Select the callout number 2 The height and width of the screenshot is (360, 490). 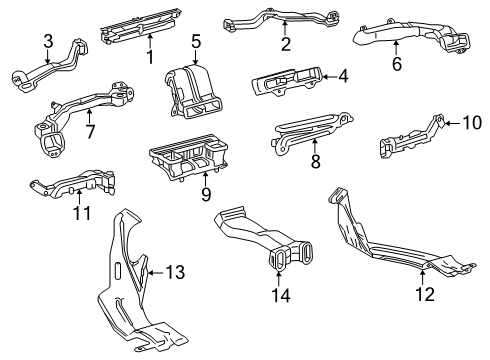(285, 44)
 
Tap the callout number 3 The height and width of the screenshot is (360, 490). (47, 40)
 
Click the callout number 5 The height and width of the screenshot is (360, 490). (196, 41)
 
